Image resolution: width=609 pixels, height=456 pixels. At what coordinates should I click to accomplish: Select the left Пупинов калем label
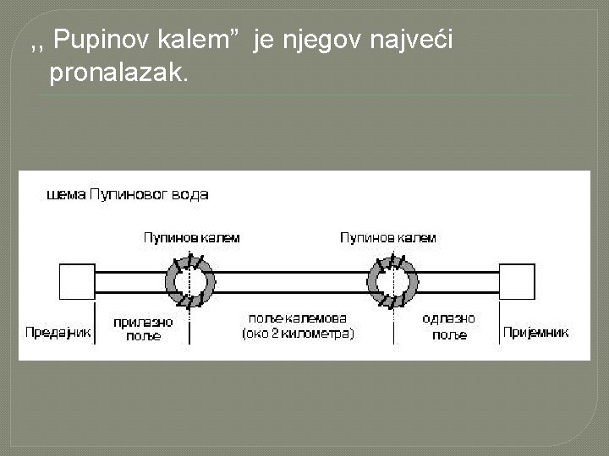[x=191, y=238]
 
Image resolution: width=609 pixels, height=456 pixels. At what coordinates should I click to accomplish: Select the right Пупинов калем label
[x=388, y=238]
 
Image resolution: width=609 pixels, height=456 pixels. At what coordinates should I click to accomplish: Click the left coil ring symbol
[x=191, y=281]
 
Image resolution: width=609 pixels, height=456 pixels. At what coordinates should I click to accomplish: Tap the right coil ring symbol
[x=391, y=281]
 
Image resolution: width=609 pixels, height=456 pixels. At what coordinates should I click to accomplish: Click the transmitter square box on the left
[x=77, y=281]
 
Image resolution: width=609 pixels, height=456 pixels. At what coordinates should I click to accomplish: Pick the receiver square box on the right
[x=517, y=281]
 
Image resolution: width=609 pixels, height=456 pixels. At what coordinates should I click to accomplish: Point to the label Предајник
[x=58, y=332]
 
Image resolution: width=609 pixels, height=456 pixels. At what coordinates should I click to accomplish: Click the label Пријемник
[x=536, y=332]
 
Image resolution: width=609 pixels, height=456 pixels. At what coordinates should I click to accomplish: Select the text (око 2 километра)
[x=298, y=334]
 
